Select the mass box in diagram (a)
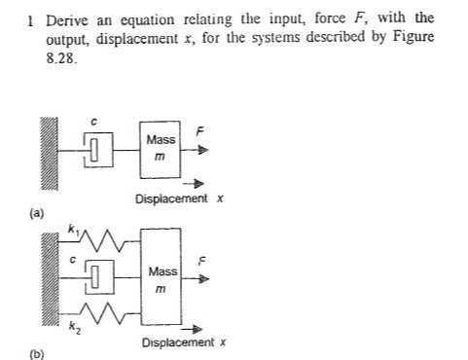pos(160,150)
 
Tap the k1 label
pos(71,227)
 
